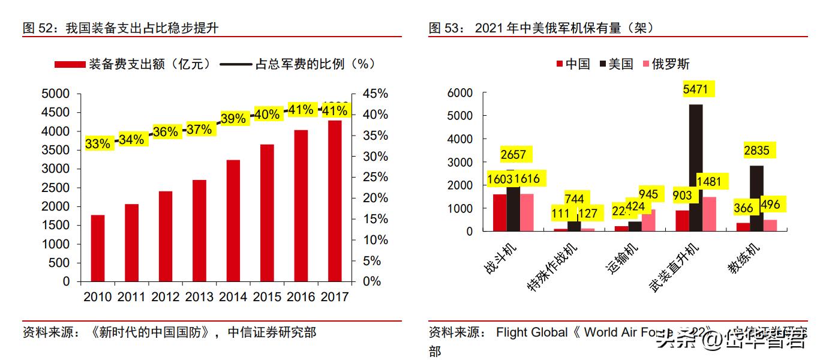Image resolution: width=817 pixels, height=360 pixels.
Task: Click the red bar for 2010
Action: point(98,248)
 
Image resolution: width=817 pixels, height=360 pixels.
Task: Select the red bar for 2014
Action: point(234,220)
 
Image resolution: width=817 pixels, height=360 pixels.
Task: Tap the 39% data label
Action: point(233,119)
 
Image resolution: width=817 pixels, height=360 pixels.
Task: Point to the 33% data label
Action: point(98,144)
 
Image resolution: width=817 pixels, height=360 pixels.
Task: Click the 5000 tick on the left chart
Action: point(55,94)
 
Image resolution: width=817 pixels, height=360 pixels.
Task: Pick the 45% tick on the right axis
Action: point(376,94)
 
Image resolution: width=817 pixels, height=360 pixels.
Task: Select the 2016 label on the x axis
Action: point(302,297)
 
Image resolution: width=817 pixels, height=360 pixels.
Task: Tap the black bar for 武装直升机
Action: point(695,168)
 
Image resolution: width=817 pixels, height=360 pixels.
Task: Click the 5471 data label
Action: point(696,89)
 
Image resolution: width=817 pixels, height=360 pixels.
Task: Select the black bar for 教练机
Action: point(756,198)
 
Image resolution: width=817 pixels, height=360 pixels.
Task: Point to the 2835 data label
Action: point(756,150)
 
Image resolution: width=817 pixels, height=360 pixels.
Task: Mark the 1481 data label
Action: point(713,181)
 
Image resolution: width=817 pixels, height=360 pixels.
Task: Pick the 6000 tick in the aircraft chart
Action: point(461,93)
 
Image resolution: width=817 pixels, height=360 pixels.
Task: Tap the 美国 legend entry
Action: point(616,64)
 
